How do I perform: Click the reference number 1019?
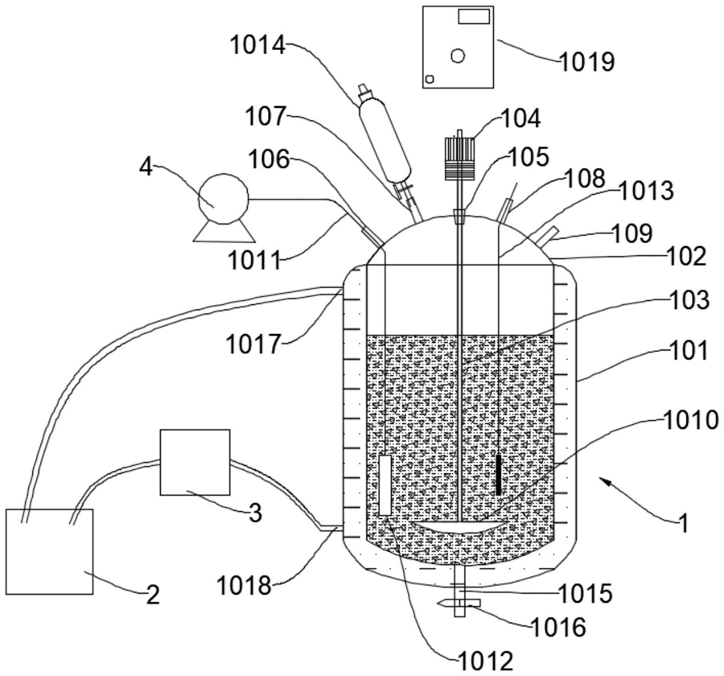coord(586,62)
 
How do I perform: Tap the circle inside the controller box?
coord(457,56)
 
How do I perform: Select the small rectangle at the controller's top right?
coord(474,17)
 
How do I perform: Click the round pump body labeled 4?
coord(224,198)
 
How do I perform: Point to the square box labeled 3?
coord(195,462)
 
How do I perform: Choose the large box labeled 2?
coord(49,551)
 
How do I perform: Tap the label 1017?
coord(253,344)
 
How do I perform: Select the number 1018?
coord(245,587)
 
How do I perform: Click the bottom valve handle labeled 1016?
coord(459,603)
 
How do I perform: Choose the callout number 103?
coord(691,300)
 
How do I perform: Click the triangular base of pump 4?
coord(224,231)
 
